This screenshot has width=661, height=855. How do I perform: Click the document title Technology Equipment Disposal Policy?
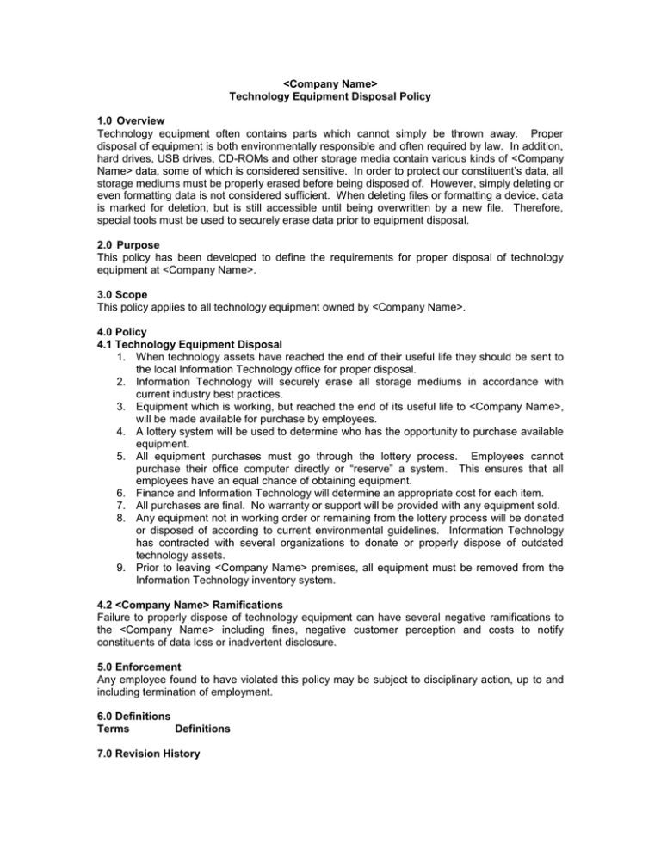tap(330, 98)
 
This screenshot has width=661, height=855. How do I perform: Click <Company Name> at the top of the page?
tap(330, 85)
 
